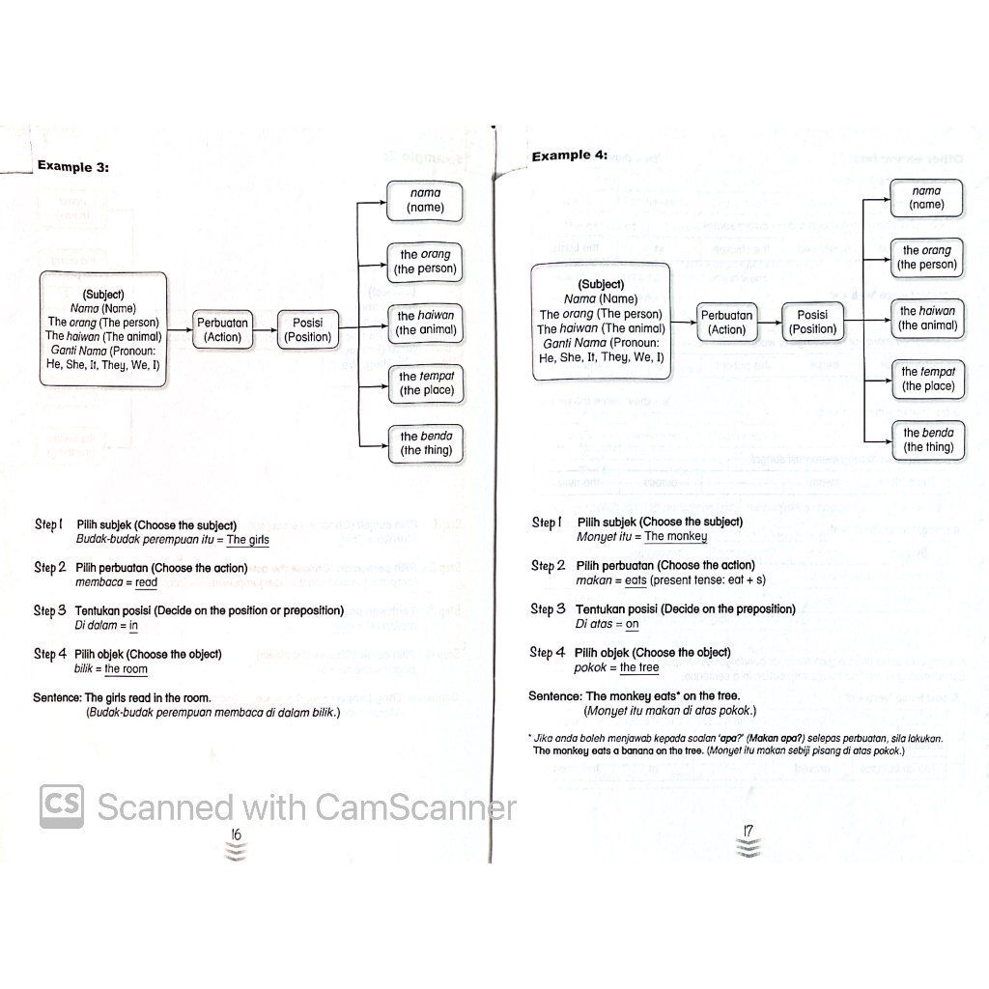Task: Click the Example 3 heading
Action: tap(72, 166)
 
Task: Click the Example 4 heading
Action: tap(569, 155)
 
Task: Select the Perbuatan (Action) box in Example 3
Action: tap(222, 329)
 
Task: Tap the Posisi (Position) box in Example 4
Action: tap(812, 322)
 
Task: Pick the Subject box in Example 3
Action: tap(103, 328)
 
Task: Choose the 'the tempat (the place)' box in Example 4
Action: tap(927, 379)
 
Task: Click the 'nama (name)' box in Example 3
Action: tap(425, 200)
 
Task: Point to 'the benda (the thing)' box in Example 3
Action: tap(425, 443)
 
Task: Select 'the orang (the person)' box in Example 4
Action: tap(927, 257)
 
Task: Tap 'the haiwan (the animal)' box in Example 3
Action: tap(425, 323)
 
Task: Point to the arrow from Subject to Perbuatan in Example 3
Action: tap(181, 329)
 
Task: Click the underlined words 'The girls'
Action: tap(248, 540)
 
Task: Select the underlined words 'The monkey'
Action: tap(675, 536)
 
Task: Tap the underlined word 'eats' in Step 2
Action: tap(636, 579)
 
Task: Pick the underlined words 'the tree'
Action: tap(639, 667)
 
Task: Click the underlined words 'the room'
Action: tap(126, 668)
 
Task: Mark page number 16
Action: tap(235, 834)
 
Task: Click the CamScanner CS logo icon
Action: tap(62, 805)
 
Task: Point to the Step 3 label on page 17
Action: tap(549, 609)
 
